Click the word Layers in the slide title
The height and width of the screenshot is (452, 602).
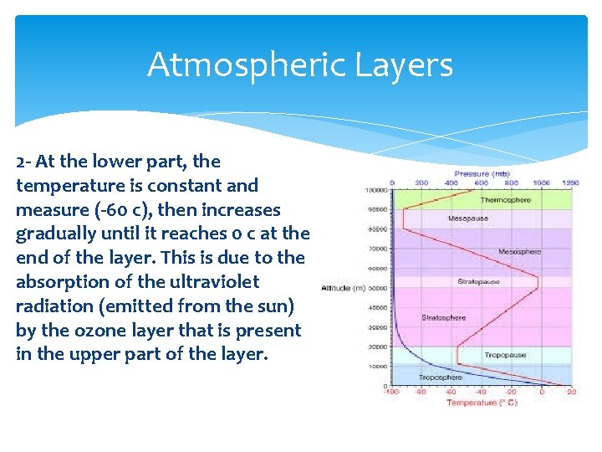click(409, 64)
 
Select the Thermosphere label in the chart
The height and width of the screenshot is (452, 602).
click(504, 200)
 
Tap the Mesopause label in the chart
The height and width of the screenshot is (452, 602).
click(467, 218)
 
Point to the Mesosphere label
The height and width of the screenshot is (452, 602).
click(519, 251)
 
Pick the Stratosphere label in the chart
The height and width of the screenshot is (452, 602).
click(444, 318)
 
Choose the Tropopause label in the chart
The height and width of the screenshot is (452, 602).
click(505, 355)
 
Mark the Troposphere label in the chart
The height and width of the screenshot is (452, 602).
click(440, 378)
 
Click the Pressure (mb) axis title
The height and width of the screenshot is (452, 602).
click(482, 173)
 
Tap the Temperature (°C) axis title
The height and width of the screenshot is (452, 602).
click(482, 403)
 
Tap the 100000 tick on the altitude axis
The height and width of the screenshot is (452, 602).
click(376, 190)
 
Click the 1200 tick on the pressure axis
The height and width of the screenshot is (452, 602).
click(570, 182)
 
